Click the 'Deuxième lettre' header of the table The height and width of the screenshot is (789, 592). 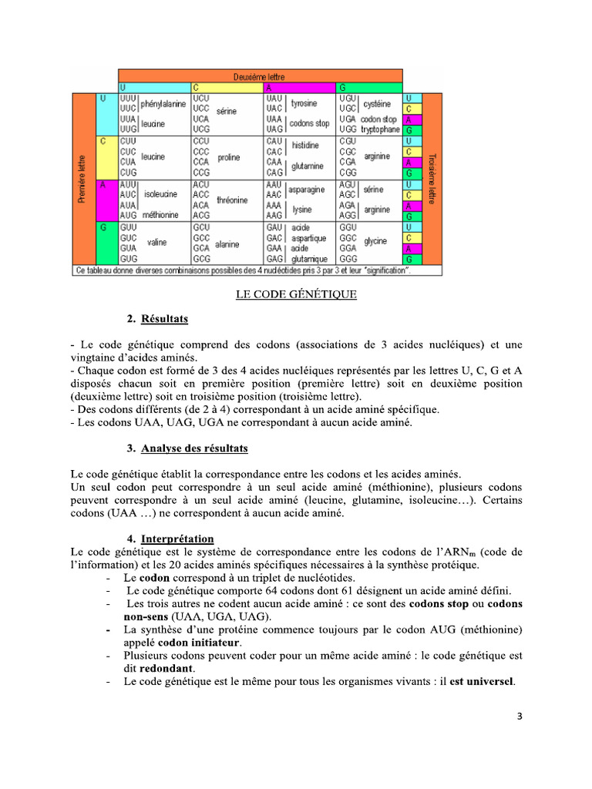259,77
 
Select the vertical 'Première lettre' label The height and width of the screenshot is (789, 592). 82,180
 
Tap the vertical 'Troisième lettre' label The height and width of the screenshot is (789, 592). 432,180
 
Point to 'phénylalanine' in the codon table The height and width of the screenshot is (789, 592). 163,104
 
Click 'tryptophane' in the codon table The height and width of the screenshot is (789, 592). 380,130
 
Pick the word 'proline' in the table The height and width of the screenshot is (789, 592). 228,157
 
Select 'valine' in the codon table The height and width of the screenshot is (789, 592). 157,242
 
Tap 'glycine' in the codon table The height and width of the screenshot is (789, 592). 375,241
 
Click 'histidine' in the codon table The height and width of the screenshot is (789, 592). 305,146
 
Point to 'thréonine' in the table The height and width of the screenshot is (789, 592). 232,200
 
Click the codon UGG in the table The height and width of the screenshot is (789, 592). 347,130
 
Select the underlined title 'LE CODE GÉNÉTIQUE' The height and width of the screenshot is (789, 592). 296,294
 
